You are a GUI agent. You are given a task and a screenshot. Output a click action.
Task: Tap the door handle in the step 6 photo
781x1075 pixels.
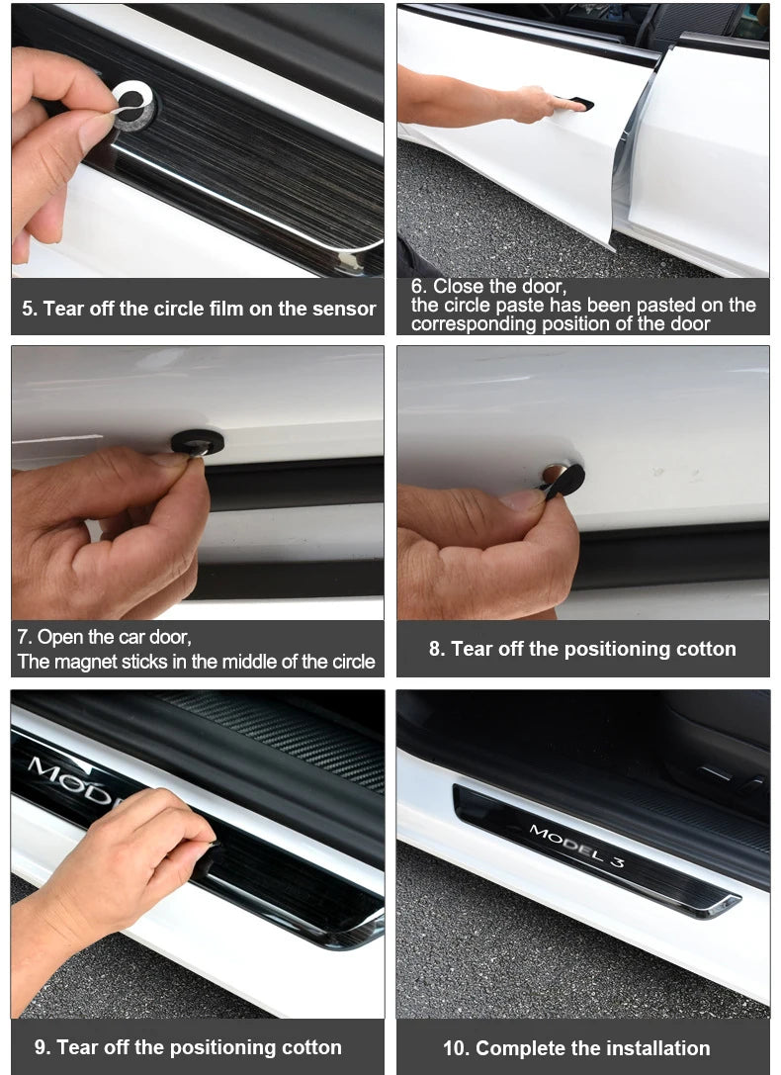point(579,104)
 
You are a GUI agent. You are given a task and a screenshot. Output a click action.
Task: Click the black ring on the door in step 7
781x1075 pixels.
point(198,442)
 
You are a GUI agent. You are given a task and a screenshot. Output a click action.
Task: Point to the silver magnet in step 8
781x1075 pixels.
point(554,473)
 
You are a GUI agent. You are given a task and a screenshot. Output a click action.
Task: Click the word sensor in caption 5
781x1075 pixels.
point(345,309)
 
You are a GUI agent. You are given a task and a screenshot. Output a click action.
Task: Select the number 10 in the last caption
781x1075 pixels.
point(457,1048)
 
